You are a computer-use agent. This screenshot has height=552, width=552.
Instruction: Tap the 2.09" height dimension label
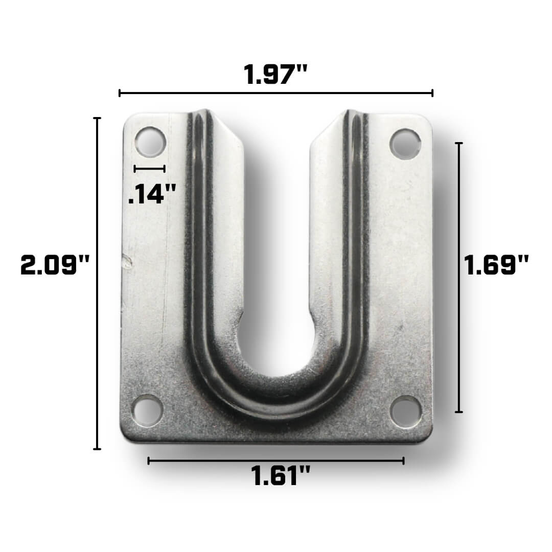click(55, 266)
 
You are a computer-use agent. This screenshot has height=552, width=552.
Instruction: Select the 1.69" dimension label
click(496, 266)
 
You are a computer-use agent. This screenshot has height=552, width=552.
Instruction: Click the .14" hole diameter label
click(152, 194)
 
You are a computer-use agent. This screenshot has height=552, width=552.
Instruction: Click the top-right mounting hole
click(405, 144)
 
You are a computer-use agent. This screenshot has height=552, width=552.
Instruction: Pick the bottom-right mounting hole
click(406, 411)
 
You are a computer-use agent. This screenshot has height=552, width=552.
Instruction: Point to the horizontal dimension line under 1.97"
click(276, 93)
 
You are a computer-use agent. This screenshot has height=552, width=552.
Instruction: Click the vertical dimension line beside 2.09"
click(97, 284)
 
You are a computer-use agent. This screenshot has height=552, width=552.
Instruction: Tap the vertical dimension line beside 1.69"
click(459, 277)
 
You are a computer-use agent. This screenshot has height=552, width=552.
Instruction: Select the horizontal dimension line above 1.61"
click(276, 461)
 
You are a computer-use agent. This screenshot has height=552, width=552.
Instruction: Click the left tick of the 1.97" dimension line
click(120, 93)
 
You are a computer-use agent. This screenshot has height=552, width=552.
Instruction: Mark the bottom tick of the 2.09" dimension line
click(97, 449)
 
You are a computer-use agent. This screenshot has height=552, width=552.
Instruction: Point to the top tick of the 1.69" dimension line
click(459, 144)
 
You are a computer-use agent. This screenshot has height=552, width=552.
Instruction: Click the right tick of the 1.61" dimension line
click(403, 461)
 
